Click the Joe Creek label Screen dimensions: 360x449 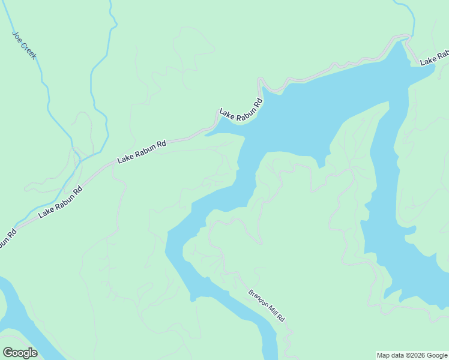(x=24, y=45)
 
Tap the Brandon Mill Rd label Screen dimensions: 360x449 (x=266, y=306)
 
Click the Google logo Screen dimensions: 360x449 (x=20, y=353)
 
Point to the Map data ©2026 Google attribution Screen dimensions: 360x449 (x=412, y=355)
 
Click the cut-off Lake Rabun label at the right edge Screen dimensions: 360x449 (x=434, y=58)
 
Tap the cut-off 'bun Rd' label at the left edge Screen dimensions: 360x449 (x=7, y=237)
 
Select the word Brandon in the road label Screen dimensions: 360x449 (x=258, y=297)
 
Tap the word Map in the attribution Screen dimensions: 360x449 (x=383, y=355)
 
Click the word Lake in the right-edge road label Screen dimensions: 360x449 (x=427, y=61)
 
